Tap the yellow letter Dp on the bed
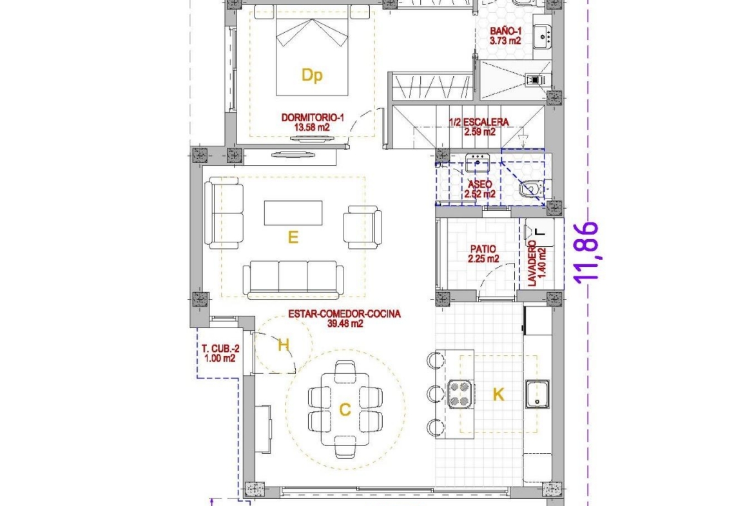[312, 75]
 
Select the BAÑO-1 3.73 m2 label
[505, 36]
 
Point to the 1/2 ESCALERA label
[479, 122]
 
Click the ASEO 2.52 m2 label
[479, 189]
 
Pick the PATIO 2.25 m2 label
[483, 254]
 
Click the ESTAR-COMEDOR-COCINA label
[344, 314]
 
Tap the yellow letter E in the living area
[293, 237]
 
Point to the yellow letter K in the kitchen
[499, 395]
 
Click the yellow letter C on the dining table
[345, 410]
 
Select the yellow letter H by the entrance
[284, 345]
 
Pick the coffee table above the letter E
[293, 213]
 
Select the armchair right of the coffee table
[363, 227]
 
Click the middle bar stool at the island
[436, 394]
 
